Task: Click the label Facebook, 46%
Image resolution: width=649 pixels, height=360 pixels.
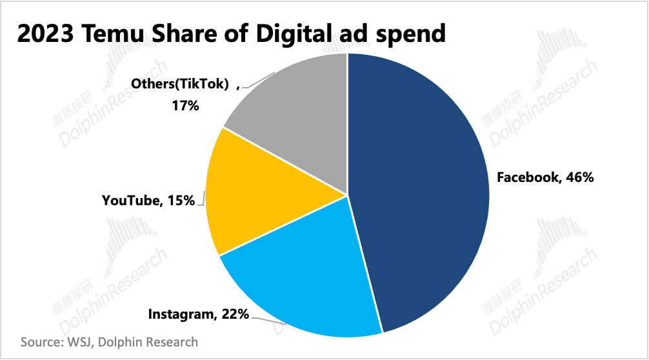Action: (x=544, y=178)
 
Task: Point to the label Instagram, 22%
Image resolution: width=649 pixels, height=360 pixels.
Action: (x=198, y=314)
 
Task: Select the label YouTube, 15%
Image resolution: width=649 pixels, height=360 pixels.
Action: (x=148, y=201)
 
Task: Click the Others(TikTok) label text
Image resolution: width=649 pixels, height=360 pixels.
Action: (x=180, y=84)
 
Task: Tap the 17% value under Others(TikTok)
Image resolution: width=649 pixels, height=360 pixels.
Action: (x=185, y=105)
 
